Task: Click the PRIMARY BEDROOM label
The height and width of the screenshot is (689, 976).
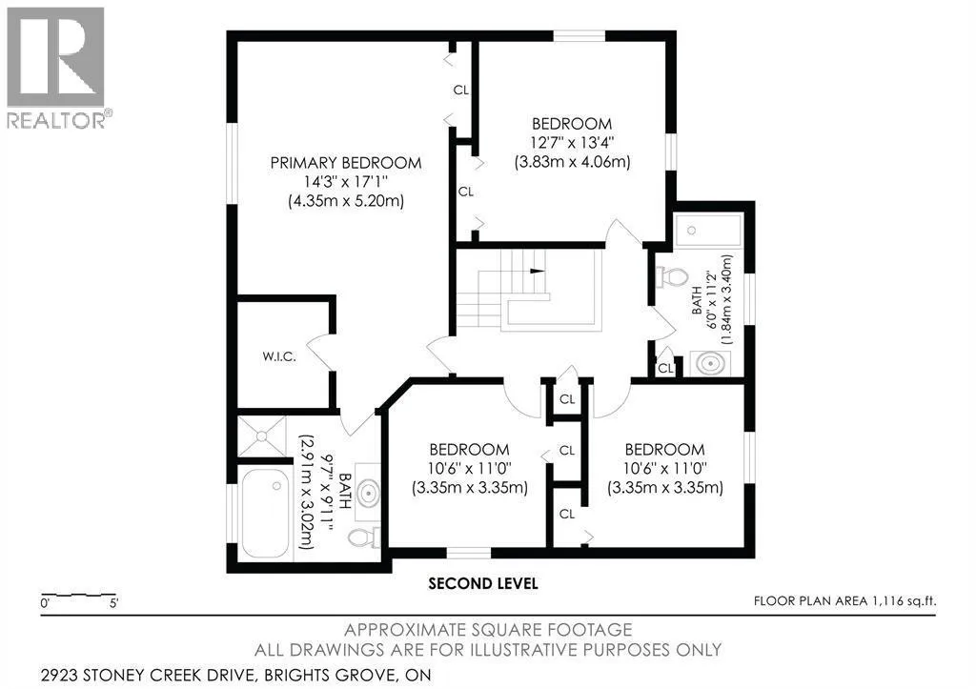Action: coord(345,163)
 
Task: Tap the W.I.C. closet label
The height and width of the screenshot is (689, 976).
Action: coord(279,356)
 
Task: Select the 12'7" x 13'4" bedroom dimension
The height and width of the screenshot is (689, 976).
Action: coord(572,143)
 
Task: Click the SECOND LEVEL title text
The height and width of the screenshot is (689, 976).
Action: coord(483,584)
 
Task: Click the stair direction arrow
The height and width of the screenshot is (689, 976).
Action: coord(538,271)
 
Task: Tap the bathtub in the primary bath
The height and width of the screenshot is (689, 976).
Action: coord(265,511)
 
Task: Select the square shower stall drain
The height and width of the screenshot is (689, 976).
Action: coord(261,436)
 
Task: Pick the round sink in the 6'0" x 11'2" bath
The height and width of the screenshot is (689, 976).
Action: coord(710,363)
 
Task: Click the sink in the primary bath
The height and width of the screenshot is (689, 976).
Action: coord(369,493)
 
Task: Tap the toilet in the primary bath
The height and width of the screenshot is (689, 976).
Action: coord(365,537)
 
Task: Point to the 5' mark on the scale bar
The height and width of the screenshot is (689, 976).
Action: coord(113,602)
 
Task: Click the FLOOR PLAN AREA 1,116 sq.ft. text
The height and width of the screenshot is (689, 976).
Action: coord(844,601)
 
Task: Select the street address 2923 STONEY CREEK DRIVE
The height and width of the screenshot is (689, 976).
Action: coord(147,675)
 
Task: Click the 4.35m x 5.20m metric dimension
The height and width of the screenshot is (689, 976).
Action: coord(346,201)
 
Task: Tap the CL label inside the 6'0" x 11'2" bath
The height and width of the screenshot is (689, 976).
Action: coord(665,368)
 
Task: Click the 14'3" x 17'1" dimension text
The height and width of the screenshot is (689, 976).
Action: coord(346,182)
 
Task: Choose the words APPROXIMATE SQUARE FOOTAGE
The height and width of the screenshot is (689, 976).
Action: coord(488,630)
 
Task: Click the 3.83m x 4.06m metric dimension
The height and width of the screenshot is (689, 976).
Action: coord(572,162)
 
